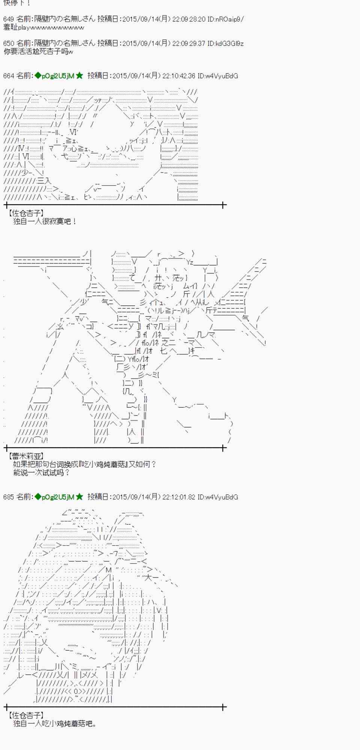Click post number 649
tap(8, 19)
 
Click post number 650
tap(8, 43)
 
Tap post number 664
tap(8, 76)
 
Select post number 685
tap(8, 497)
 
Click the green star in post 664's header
tap(79, 76)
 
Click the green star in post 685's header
tap(79, 497)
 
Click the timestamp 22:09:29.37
tap(189, 43)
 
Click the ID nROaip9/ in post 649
tap(230, 19)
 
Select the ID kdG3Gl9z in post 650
tap(229, 43)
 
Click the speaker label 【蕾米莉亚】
tap(25, 456)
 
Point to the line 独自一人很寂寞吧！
tap(45, 221)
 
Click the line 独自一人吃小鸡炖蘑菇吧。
tap(55, 723)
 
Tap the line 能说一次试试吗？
tap(42, 472)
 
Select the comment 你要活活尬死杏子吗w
tap(38, 52)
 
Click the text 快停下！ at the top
tap(17, 3)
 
